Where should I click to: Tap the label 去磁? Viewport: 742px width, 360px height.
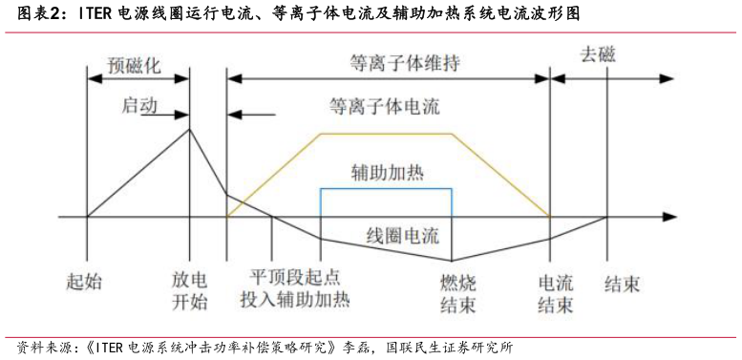598,54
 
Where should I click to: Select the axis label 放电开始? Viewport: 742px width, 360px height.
189,293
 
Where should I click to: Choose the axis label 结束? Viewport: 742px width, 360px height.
623,283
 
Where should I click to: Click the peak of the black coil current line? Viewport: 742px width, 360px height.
189,129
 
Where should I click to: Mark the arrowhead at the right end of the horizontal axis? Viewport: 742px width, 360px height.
670,217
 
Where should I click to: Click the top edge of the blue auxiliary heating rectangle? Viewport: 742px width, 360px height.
385,188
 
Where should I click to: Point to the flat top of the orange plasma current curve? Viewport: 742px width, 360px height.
385,134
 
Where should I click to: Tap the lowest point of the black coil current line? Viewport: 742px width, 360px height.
452,260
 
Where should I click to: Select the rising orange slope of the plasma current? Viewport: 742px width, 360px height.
272,176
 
